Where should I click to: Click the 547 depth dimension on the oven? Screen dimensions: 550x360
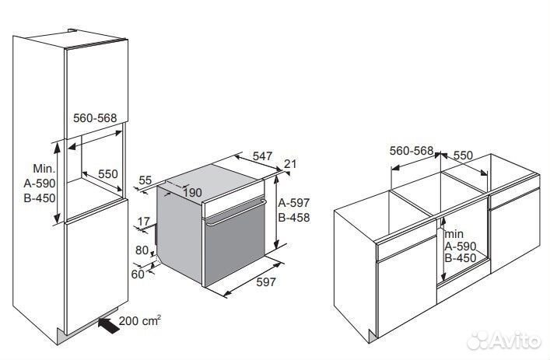pos(262,156)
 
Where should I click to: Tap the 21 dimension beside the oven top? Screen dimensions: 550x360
pos(290,164)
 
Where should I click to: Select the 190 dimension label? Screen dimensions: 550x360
pos(192,193)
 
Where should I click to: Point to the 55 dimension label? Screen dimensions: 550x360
pos(145,180)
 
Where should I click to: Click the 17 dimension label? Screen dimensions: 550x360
pos(143,222)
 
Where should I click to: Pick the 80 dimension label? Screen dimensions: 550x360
pos(142,250)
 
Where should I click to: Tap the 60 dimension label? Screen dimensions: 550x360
pos(138,274)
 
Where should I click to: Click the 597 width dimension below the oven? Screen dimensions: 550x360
pos(266,281)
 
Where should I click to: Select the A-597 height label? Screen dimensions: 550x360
pos(294,203)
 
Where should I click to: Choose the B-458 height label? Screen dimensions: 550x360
pos(294,218)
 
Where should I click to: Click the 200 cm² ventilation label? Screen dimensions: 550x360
pos(140,320)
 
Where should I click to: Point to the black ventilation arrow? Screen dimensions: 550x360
pos(109,325)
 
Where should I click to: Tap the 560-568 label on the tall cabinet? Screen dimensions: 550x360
pos(95,117)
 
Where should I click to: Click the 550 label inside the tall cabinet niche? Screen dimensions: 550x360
pos(107,174)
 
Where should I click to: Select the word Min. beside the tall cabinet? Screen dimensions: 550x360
pos(44,168)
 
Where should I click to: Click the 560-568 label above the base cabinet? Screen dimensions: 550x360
pos(412,151)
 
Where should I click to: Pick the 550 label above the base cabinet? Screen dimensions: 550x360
pos(464,155)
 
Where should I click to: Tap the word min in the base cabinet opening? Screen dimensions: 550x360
pos(454,234)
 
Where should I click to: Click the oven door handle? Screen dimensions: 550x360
pos(236,212)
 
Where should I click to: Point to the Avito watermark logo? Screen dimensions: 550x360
pos(504,341)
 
